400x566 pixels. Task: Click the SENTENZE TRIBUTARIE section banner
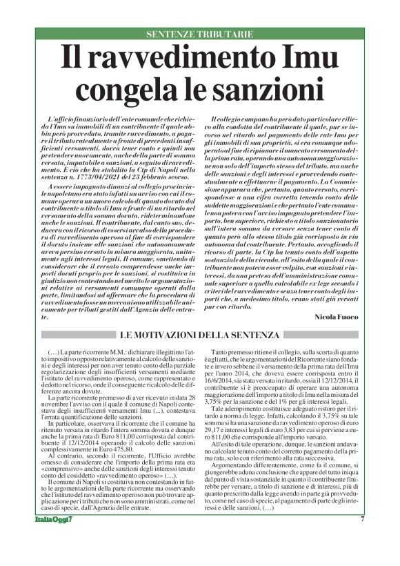click(x=199, y=34)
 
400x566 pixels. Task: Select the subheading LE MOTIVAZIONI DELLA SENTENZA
click(x=199, y=335)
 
